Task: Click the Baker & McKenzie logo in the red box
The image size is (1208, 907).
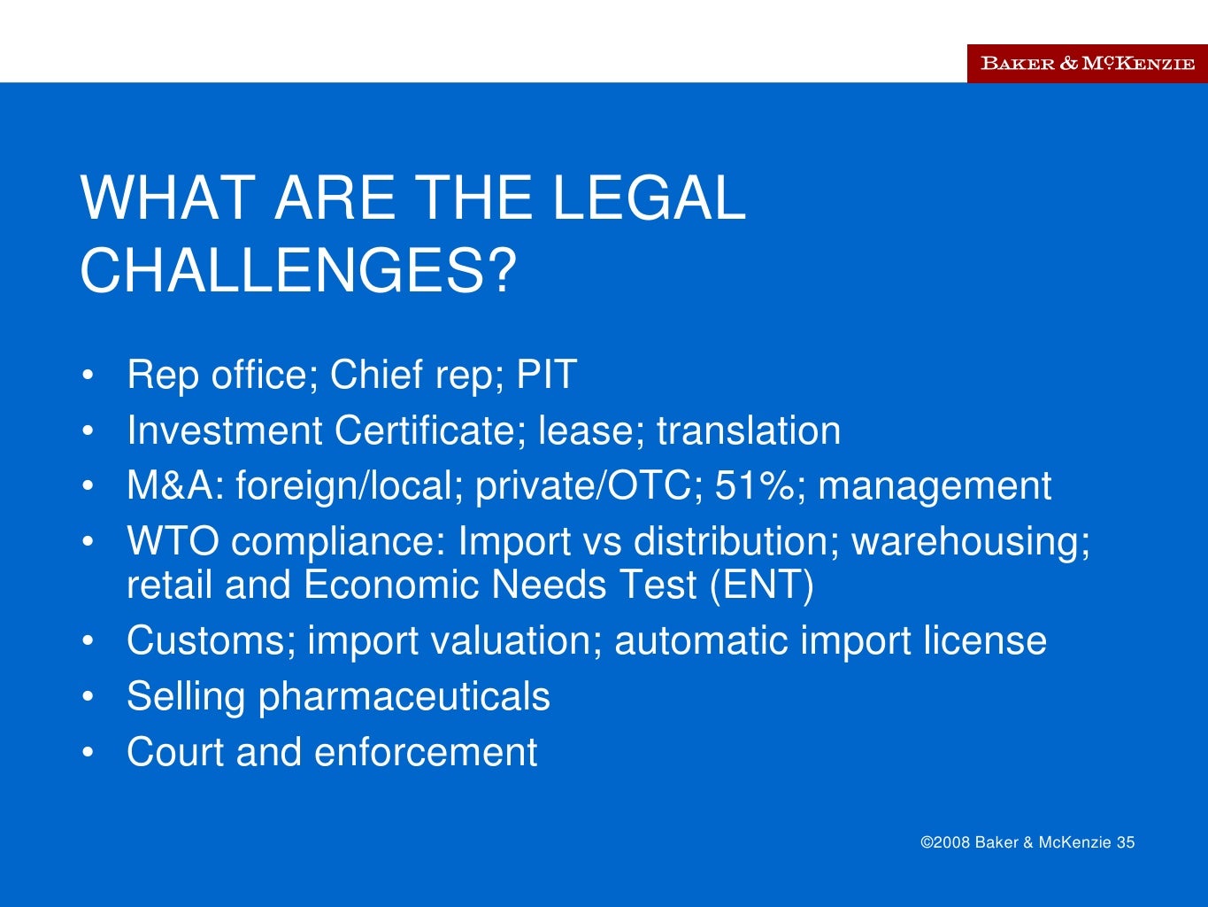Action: [x=1088, y=63]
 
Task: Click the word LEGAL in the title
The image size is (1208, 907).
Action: [x=649, y=198]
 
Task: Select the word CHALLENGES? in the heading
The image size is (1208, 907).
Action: [x=298, y=270]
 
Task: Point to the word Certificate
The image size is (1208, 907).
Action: [x=421, y=430]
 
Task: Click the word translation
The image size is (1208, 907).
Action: [x=749, y=430]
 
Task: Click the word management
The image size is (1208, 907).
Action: [x=935, y=486]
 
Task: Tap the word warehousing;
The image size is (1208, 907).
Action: [x=971, y=541]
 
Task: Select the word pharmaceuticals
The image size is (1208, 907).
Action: [x=404, y=697]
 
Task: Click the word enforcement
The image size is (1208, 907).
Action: [x=426, y=752]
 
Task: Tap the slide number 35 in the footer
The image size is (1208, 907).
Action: [x=1126, y=842]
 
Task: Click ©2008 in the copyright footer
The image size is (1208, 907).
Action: [x=946, y=842]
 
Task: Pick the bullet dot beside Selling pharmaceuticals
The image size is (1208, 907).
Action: [x=88, y=697]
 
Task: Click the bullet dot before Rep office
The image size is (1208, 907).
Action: [x=88, y=376]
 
